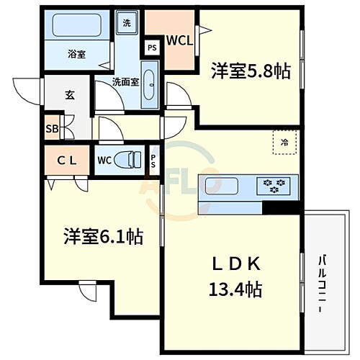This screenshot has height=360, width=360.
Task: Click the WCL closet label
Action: (179, 40)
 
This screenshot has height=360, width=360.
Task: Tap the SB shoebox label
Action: (52, 130)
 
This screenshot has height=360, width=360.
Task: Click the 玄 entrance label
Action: (70, 95)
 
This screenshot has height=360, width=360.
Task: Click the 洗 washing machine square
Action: (126, 22)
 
